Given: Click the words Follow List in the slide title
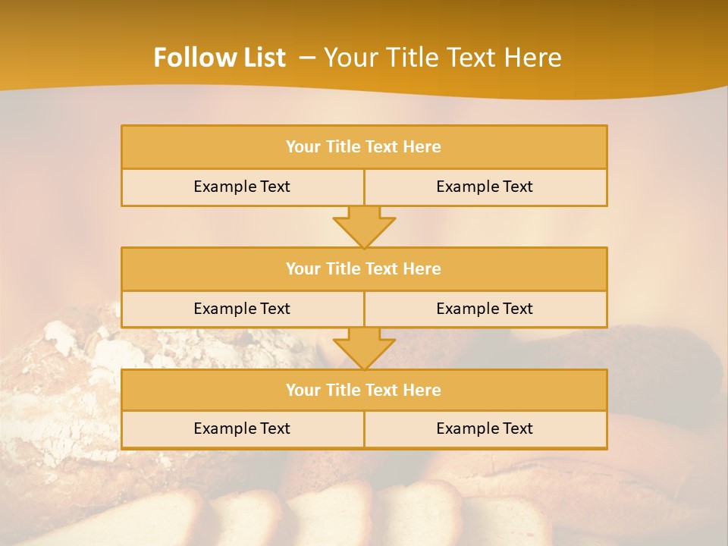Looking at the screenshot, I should [x=219, y=58].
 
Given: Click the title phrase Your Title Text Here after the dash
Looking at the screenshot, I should [x=443, y=58].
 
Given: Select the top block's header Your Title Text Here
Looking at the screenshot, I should [x=363, y=147].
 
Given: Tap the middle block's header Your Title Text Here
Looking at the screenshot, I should [x=363, y=268].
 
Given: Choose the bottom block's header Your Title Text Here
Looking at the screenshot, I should [x=363, y=390].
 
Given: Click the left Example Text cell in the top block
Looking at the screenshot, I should [x=242, y=187].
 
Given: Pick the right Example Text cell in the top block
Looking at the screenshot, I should [x=485, y=187].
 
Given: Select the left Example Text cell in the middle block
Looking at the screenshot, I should [x=242, y=309].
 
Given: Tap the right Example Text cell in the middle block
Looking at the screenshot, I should [x=485, y=309].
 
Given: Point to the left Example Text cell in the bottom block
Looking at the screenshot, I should [x=242, y=428].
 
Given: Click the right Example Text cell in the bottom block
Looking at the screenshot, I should [x=485, y=428].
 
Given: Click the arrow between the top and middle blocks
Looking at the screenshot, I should [x=364, y=227].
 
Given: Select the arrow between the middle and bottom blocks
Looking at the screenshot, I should [x=364, y=349].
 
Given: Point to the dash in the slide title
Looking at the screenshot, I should [x=308, y=58].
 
